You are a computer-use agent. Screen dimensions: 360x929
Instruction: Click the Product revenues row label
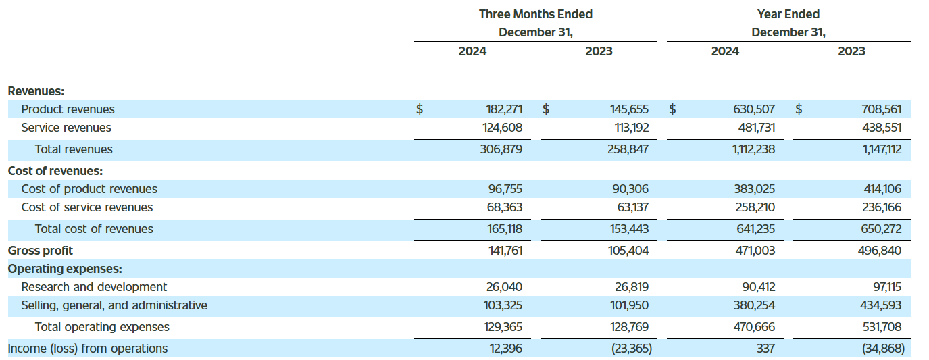pos(68,109)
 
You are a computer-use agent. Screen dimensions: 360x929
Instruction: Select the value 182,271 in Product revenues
pos(504,109)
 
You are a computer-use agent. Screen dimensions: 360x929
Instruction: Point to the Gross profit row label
pos(41,251)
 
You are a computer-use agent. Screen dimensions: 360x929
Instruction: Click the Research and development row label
pos(94,287)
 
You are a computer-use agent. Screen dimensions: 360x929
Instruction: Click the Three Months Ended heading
pos(536,14)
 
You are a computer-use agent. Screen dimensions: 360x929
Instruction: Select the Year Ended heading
pos(788,14)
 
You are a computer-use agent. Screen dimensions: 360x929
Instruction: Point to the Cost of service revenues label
pos(87,207)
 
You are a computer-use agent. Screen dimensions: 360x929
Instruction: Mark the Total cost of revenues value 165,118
pos(505,229)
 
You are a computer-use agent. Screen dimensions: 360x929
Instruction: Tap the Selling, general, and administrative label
pos(114,305)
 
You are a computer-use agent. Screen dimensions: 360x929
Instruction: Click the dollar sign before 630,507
pos(672,109)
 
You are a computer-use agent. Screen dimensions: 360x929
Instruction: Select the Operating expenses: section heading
pos(65,269)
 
